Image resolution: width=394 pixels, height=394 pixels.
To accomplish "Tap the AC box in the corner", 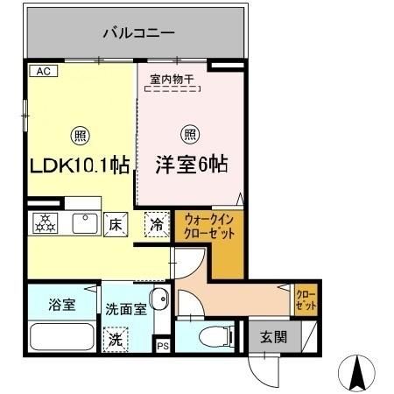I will coord(40,72).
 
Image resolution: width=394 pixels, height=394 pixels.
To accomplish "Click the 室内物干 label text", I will coord(172,79).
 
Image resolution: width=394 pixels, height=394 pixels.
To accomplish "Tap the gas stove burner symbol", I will coord(45,224).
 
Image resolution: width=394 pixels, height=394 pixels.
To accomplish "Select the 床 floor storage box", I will coord(115,224).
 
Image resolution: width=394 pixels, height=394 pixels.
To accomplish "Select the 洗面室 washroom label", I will coord(123,308).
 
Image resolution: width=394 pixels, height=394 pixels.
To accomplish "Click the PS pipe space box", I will coord(163,346).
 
